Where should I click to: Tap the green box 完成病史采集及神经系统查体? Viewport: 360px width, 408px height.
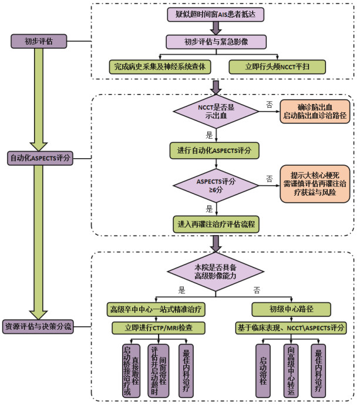coord(160,66)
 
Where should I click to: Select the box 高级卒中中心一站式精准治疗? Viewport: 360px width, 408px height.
coord(156,309)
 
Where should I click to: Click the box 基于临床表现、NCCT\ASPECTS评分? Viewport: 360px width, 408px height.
coord(291,327)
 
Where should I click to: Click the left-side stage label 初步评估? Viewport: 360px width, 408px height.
coord(38,42)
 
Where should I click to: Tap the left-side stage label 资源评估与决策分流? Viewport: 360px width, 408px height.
coord(38,327)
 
